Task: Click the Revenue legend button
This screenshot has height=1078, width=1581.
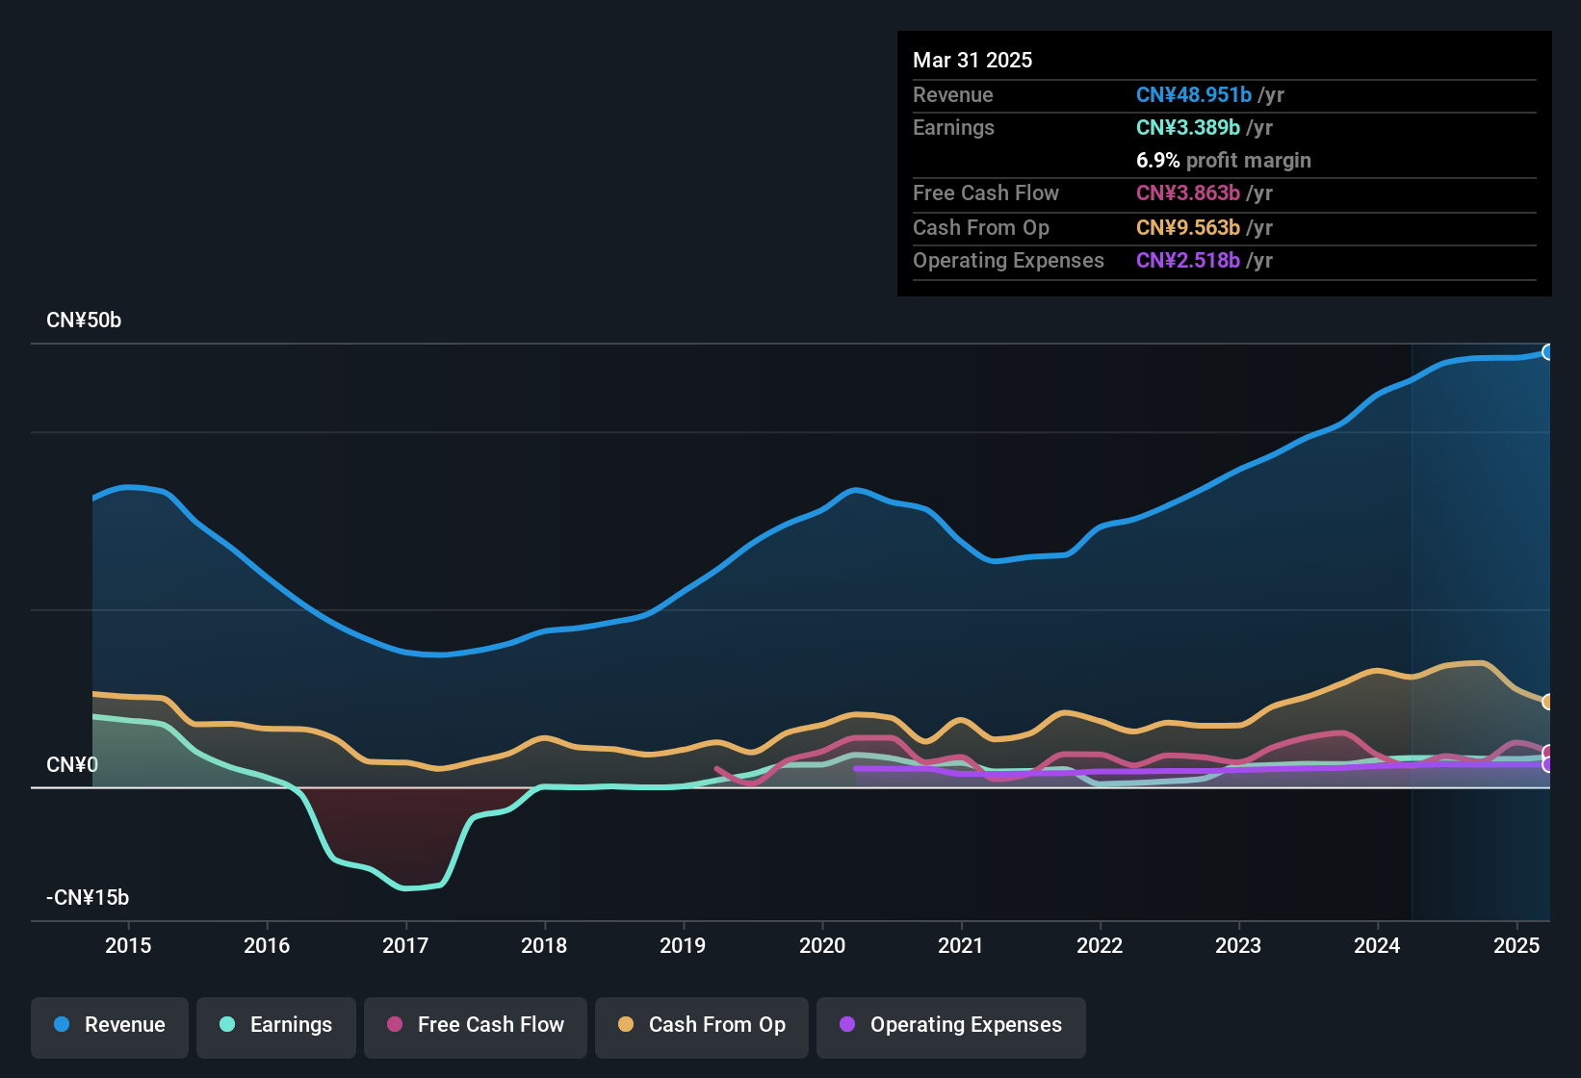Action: [x=110, y=1025]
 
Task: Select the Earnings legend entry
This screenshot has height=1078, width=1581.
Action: [x=276, y=1025]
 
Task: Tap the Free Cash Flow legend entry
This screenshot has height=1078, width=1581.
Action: [x=476, y=1025]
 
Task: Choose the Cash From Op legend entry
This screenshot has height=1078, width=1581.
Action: [x=702, y=1025]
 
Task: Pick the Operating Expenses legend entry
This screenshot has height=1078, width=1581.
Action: [x=951, y=1025]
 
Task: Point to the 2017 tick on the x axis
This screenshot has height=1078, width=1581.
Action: [x=405, y=945]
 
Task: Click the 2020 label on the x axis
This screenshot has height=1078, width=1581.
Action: [x=822, y=945]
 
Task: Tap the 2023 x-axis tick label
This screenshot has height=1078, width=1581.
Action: [x=1238, y=945]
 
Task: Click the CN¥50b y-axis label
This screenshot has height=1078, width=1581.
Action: [x=84, y=321]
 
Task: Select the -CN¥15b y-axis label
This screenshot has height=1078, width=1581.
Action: [x=88, y=898]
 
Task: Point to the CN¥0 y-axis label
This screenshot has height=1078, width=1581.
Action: [x=72, y=765]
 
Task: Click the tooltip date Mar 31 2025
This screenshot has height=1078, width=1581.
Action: [x=972, y=60]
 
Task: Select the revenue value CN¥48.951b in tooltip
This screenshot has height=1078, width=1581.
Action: [x=1194, y=94]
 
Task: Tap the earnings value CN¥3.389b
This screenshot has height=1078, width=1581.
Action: [x=1188, y=127]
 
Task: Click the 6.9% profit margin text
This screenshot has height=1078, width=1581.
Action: [x=1223, y=160]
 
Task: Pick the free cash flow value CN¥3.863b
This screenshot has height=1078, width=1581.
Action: [x=1188, y=192]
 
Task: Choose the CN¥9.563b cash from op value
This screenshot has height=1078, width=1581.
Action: [x=1188, y=227]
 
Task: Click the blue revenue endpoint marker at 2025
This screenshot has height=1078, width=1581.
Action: [x=1547, y=352]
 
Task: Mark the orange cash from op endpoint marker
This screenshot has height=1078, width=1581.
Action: [x=1547, y=702]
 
